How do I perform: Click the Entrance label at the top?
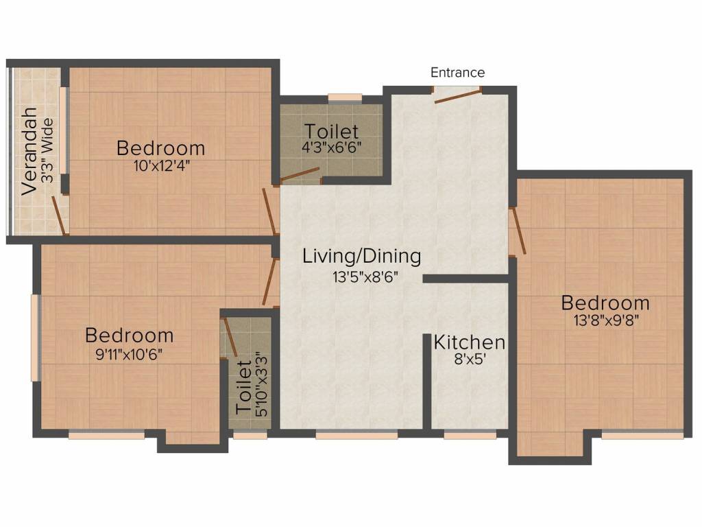point(457,72)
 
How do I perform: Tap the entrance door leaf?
point(457,96)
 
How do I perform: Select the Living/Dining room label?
point(362,257)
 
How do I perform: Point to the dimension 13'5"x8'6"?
point(365,277)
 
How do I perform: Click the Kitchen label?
point(470,342)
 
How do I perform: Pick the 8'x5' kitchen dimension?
point(470,359)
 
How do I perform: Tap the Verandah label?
point(29,151)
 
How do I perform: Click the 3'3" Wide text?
point(47,150)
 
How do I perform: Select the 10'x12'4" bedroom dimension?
point(162,166)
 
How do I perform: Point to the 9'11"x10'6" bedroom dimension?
point(129,355)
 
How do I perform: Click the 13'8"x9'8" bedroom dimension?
point(606,320)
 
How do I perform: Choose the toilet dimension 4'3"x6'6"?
point(331,147)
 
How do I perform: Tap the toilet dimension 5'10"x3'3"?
point(261,384)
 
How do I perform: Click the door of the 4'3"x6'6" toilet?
point(300,176)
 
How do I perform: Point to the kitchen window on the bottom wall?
point(470,434)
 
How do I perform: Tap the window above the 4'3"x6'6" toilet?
point(345,98)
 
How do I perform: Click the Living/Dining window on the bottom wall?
point(356,434)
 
